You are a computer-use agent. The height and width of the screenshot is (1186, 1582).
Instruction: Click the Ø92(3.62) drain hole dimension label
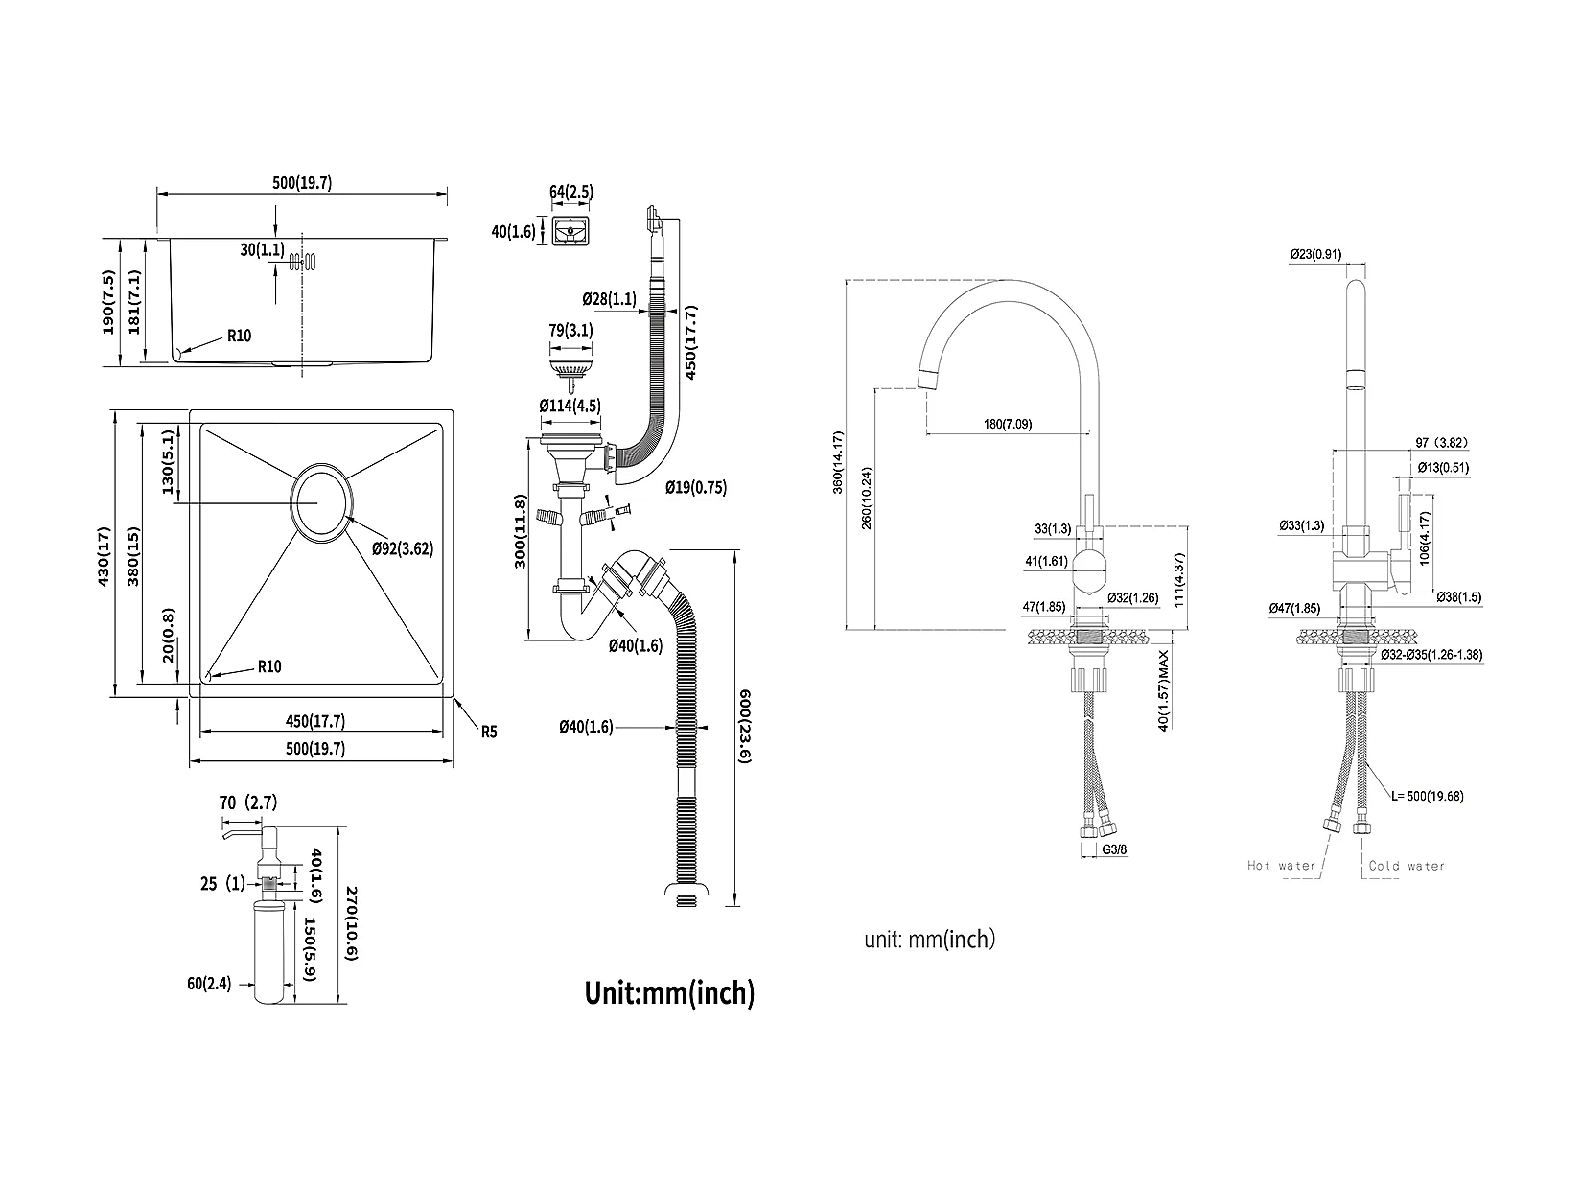pos(403,549)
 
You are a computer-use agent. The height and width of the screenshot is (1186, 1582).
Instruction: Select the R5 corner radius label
pos(489,733)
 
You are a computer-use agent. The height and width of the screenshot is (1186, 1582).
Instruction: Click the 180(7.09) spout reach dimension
pos(1008,425)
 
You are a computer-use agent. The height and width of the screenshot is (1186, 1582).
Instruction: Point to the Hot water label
pos(1282,866)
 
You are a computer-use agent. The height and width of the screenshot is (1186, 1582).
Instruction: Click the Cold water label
pos(1407,866)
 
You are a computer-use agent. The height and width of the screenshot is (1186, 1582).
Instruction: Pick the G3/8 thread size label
pos(1114,849)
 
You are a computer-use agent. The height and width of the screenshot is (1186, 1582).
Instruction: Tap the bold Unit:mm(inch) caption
pos(669,992)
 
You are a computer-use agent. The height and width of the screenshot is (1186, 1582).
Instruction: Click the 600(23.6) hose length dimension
pos(745,727)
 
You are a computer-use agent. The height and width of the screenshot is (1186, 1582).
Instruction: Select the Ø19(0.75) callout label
pos(696,488)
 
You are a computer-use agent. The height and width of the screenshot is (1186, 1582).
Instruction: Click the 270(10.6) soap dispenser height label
pos(352,923)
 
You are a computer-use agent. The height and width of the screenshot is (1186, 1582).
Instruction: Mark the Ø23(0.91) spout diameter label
pos(1316,254)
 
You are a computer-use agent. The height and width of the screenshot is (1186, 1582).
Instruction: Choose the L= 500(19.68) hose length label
pos(1427,796)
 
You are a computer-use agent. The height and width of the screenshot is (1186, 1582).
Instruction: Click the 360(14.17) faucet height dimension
pos(837,462)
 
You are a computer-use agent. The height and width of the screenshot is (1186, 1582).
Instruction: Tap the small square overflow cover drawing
pos(570,230)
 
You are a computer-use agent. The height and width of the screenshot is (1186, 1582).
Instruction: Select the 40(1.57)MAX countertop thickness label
pos(1163,691)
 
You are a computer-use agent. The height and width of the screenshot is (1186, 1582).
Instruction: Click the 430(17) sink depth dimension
pos(104,556)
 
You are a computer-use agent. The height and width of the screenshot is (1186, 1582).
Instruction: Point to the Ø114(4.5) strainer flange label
pos(570,406)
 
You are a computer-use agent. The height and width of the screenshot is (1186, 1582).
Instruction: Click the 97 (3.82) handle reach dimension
pos(1441,442)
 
